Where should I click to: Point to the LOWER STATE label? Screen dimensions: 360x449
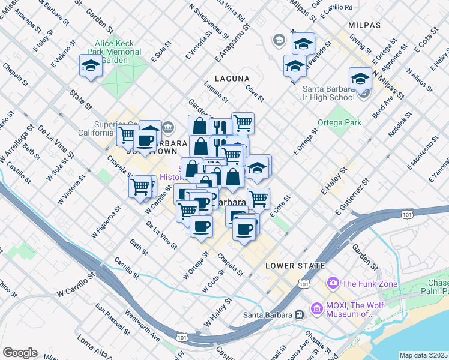click(295, 265)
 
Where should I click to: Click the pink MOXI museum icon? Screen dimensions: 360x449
click(317, 310)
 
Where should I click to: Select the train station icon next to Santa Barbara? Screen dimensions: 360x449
click(298, 314)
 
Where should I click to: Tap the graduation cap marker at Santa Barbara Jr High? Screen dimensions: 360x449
click(360, 79)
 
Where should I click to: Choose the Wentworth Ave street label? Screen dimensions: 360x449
click(142, 325)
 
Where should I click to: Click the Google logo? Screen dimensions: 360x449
click(20, 353)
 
